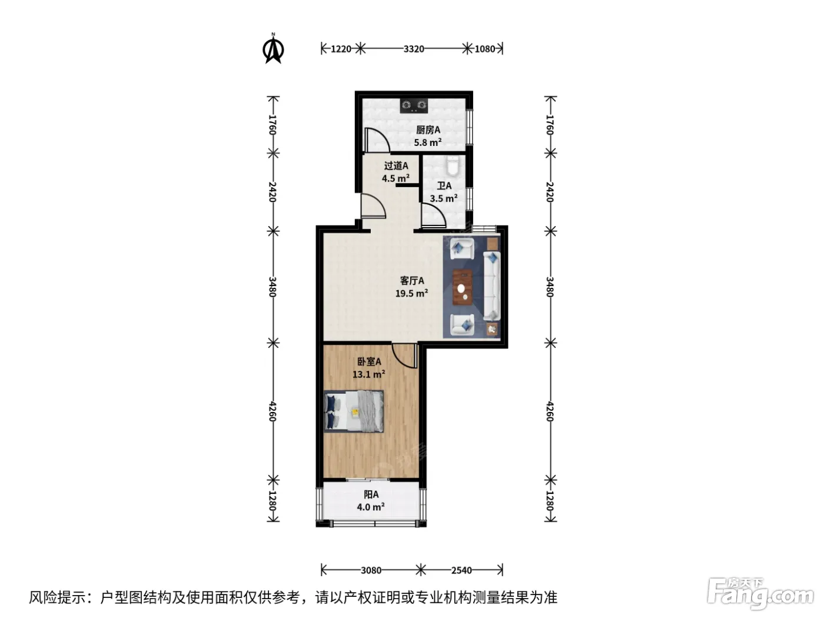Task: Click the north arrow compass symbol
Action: [x=274, y=49]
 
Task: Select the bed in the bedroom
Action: [x=354, y=411]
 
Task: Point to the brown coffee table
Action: [x=463, y=287]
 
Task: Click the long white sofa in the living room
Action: [x=492, y=286]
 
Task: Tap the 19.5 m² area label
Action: [x=411, y=293]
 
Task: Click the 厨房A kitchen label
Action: [x=428, y=130]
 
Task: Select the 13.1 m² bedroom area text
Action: [x=368, y=374]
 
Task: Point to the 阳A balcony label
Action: [x=371, y=494]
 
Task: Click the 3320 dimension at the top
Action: [x=414, y=49]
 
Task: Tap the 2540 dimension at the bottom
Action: [x=461, y=570]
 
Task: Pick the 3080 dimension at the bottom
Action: [x=371, y=570]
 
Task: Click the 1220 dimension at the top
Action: [x=341, y=49]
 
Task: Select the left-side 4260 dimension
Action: [x=273, y=411]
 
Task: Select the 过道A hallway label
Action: [x=396, y=165]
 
